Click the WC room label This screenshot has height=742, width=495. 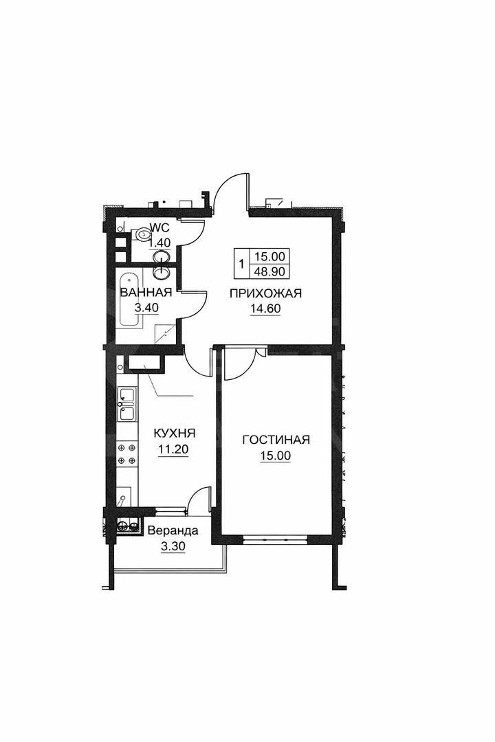pyautogui.click(x=159, y=228)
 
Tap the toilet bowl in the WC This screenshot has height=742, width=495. pyautogui.click(x=144, y=235)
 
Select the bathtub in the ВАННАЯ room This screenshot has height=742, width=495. pyautogui.click(x=127, y=300)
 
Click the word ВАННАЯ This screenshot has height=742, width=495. pyautogui.click(x=146, y=293)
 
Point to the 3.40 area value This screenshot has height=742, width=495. pyautogui.click(x=146, y=308)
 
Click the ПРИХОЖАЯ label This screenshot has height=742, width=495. pyautogui.click(x=266, y=294)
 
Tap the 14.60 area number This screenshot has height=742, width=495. pyautogui.click(x=266, y=308)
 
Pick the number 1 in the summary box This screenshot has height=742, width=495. pyautogui.click(x=241, y=263)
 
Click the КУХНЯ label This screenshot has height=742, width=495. pyautogui.click(x=175, y=434)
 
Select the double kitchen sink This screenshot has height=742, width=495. pyautogui.click(x=127, y=403)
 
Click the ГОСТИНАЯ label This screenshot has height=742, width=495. pyautogui.click(x=276, y=440)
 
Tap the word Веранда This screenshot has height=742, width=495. pyautogui.click(x=174, y=531)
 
